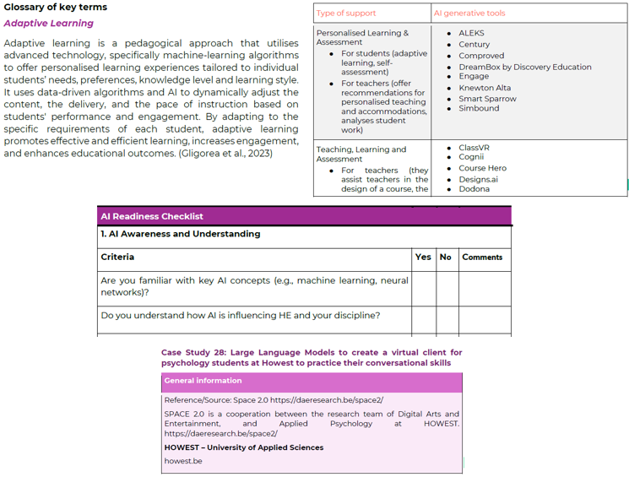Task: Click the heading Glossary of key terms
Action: click(55, 7)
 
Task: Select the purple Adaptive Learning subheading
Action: click(48, 24)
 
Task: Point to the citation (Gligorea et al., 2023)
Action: click(225, 153)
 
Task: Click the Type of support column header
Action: click(346, 14)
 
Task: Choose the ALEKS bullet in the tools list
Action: click(471, 33)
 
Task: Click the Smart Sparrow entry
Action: click(487, 99)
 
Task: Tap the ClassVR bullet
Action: click(474, 147)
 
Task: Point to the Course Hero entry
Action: click(482, 168)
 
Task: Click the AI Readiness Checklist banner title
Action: click(152, 216)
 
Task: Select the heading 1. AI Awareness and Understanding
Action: click(181, 234)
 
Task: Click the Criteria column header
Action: click(117, 257)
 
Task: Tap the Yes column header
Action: click(423, 257)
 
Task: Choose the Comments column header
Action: click(482, 257)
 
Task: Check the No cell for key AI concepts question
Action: click(446, 287)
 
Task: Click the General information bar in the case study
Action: click(203, 381)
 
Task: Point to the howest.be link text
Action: click(183, 461)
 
